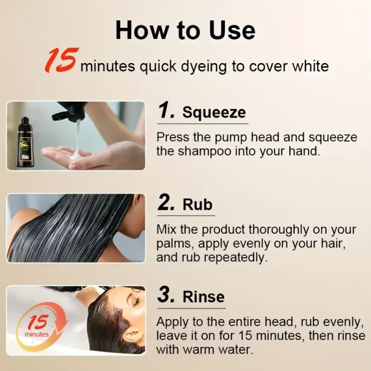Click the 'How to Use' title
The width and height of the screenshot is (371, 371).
(185, 30)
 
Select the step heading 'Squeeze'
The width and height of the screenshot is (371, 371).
(213, 113)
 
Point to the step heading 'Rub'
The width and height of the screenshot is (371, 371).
(198, 205)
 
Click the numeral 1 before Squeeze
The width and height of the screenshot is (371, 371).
(166, 111)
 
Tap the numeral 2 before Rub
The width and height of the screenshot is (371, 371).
(166, 204)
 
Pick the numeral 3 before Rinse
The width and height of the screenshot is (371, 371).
(166, 296)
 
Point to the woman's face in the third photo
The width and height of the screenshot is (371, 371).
(124, 325)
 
